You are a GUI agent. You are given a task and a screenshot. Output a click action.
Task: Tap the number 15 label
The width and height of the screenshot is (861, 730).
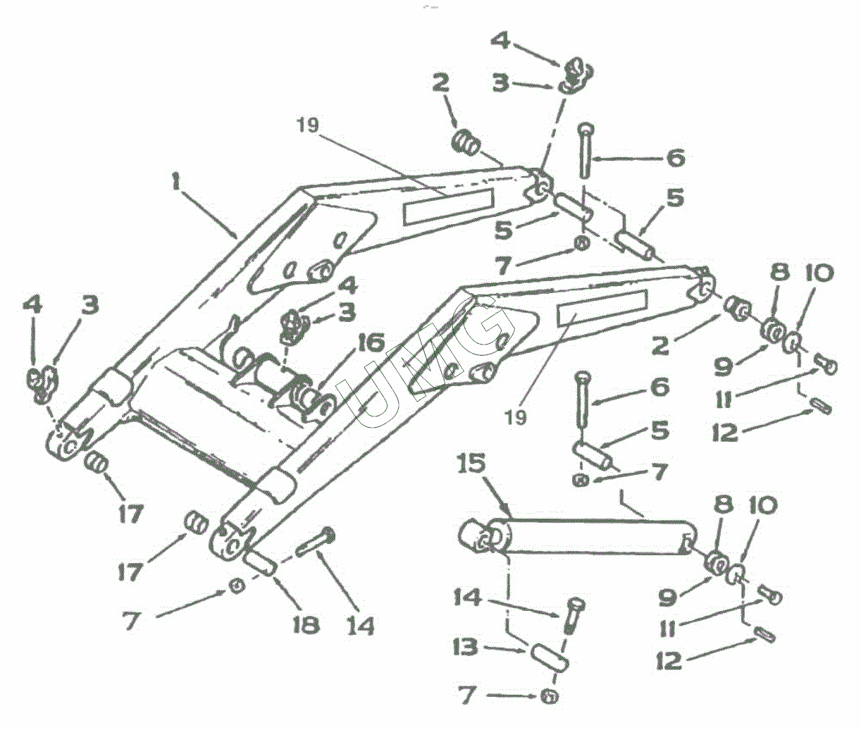(471, 465)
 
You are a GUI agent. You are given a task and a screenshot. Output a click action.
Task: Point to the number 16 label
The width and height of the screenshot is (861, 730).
(370, 344)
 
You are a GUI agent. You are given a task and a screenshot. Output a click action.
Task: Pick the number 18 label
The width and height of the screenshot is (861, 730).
(305, 624)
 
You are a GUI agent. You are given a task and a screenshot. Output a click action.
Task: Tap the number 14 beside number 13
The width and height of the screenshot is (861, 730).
(468, 598)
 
